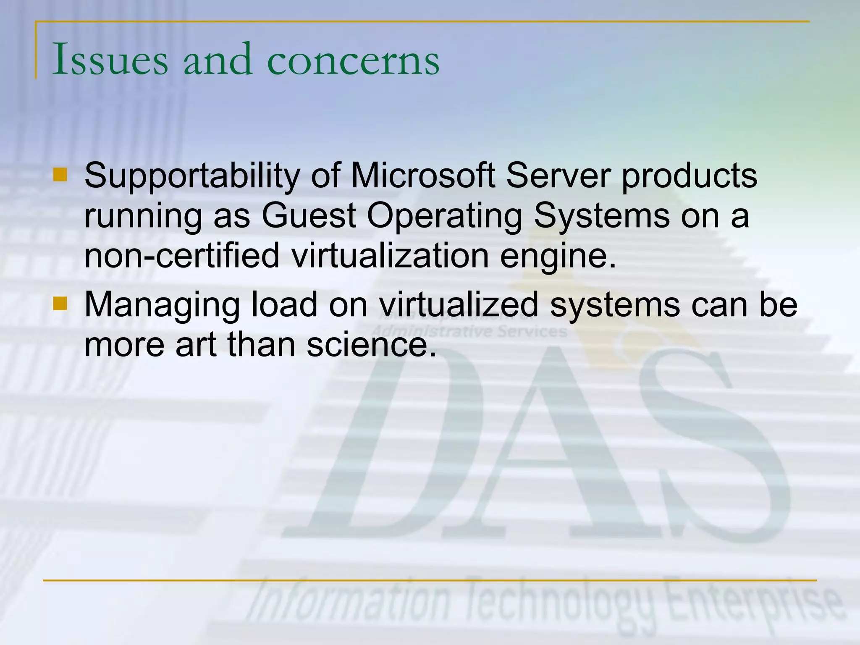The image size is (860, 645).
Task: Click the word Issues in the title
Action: tap(110, 60)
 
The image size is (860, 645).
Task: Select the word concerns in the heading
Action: tap(353, 60)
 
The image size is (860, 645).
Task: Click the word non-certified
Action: tap(182, 255)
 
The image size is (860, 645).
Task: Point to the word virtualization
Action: tap(390, 255)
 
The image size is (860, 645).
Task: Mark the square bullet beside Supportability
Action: tap(60, 175)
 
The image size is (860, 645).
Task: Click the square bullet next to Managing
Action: tap(60, 303)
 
